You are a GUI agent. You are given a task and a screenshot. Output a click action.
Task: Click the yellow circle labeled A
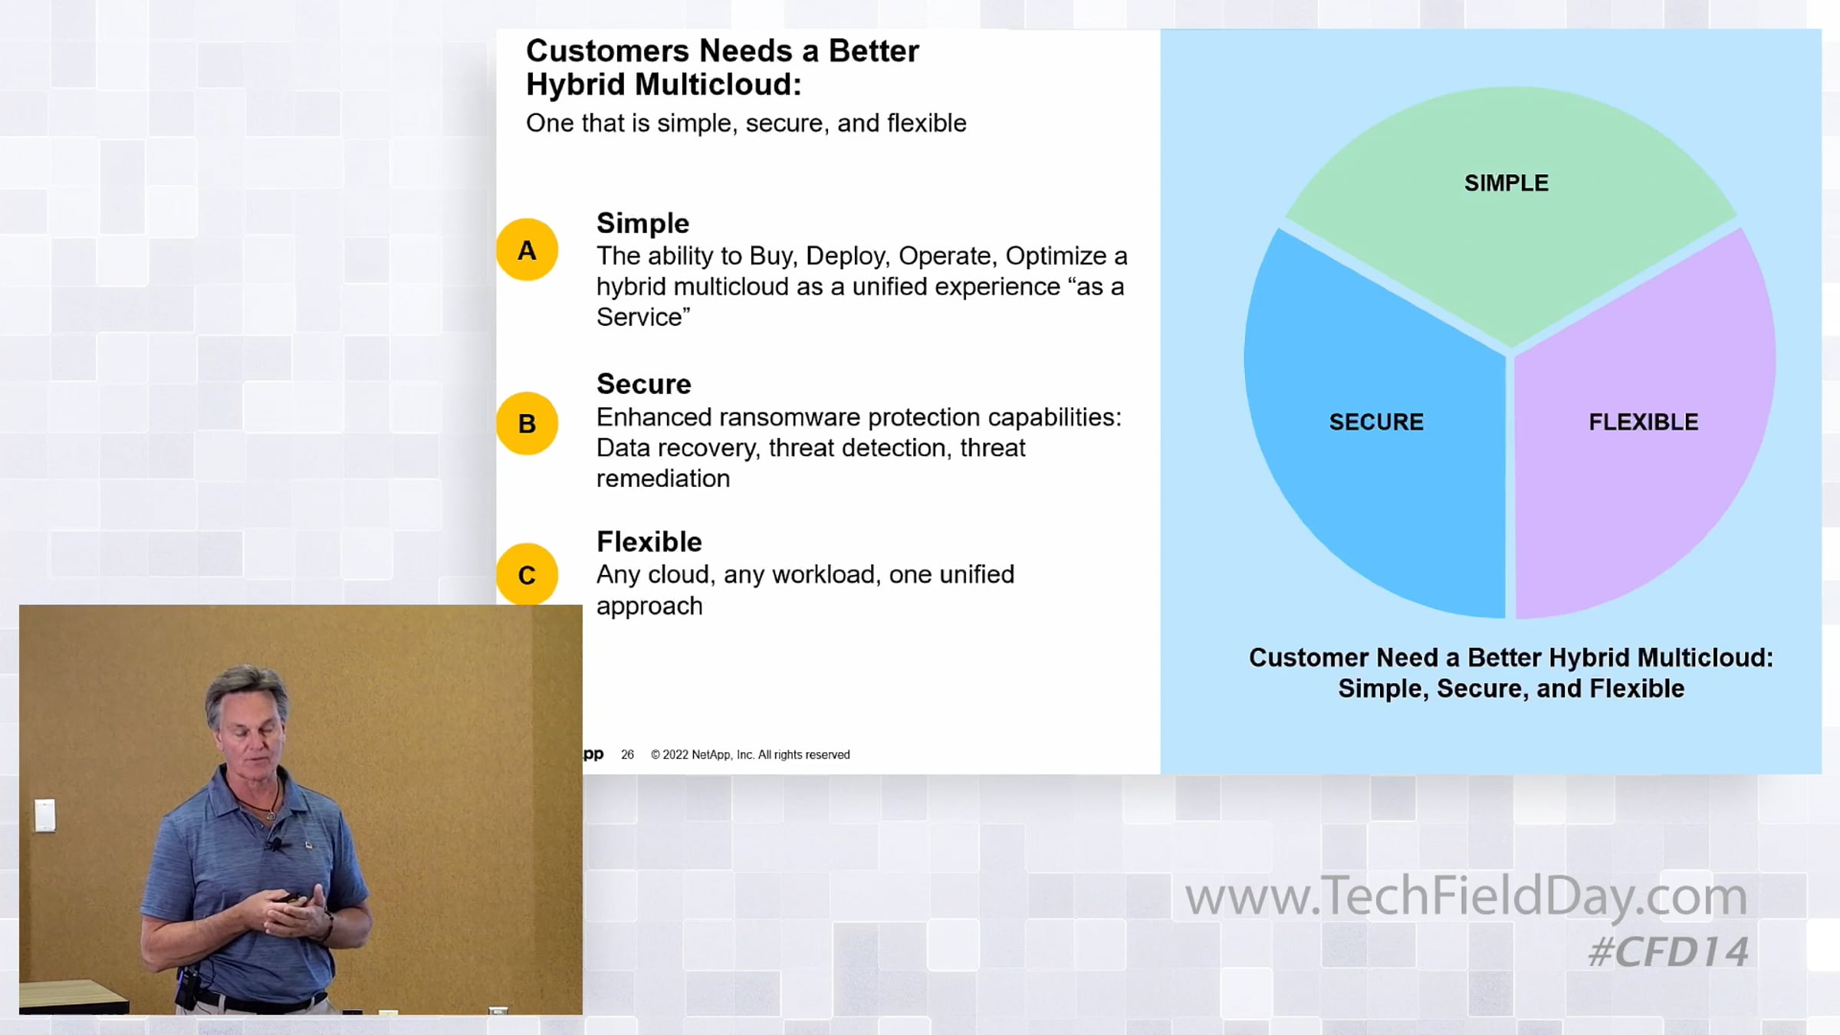point(527,250)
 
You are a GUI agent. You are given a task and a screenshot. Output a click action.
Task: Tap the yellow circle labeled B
point(527,423)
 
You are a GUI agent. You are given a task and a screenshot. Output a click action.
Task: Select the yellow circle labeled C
point(527,574)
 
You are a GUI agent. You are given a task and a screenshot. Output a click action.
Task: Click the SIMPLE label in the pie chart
point(1506,183)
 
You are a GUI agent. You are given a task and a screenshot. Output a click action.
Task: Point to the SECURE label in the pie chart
point(1376,422)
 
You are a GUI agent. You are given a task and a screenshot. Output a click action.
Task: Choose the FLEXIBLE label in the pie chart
point(1644,422)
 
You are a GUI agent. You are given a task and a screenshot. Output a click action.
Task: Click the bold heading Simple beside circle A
point(642,224)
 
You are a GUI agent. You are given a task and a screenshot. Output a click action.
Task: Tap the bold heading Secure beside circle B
point(644,383)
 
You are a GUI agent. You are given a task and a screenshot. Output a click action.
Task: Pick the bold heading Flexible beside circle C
point(649,541)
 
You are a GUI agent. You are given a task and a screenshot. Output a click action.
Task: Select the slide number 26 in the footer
point(627,754)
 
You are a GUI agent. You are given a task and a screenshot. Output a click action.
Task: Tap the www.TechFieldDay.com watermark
point(1466,895)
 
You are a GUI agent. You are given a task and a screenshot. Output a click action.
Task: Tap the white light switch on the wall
point(44,815)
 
